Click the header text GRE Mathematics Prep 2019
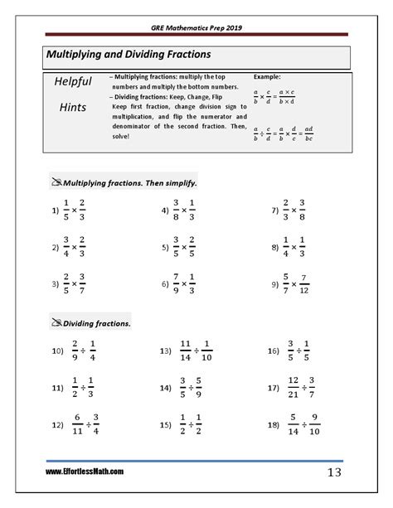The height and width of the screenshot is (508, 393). pyautogui.click(x=196, y=27)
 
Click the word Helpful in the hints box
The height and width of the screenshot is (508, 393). pyautogui.click(x=73, y=84)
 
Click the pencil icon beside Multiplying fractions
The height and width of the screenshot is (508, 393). pyautogui.click(x=56, y=181)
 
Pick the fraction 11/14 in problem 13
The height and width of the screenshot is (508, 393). pyautogui.click(x=185, y=351)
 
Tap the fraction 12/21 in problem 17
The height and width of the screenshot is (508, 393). pyautogui.click(x=293, y=387)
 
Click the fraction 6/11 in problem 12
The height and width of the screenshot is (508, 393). pyautogui.click(x=76, y=423)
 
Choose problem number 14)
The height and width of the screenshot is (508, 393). pyautogui.click(x=166, y=387)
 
